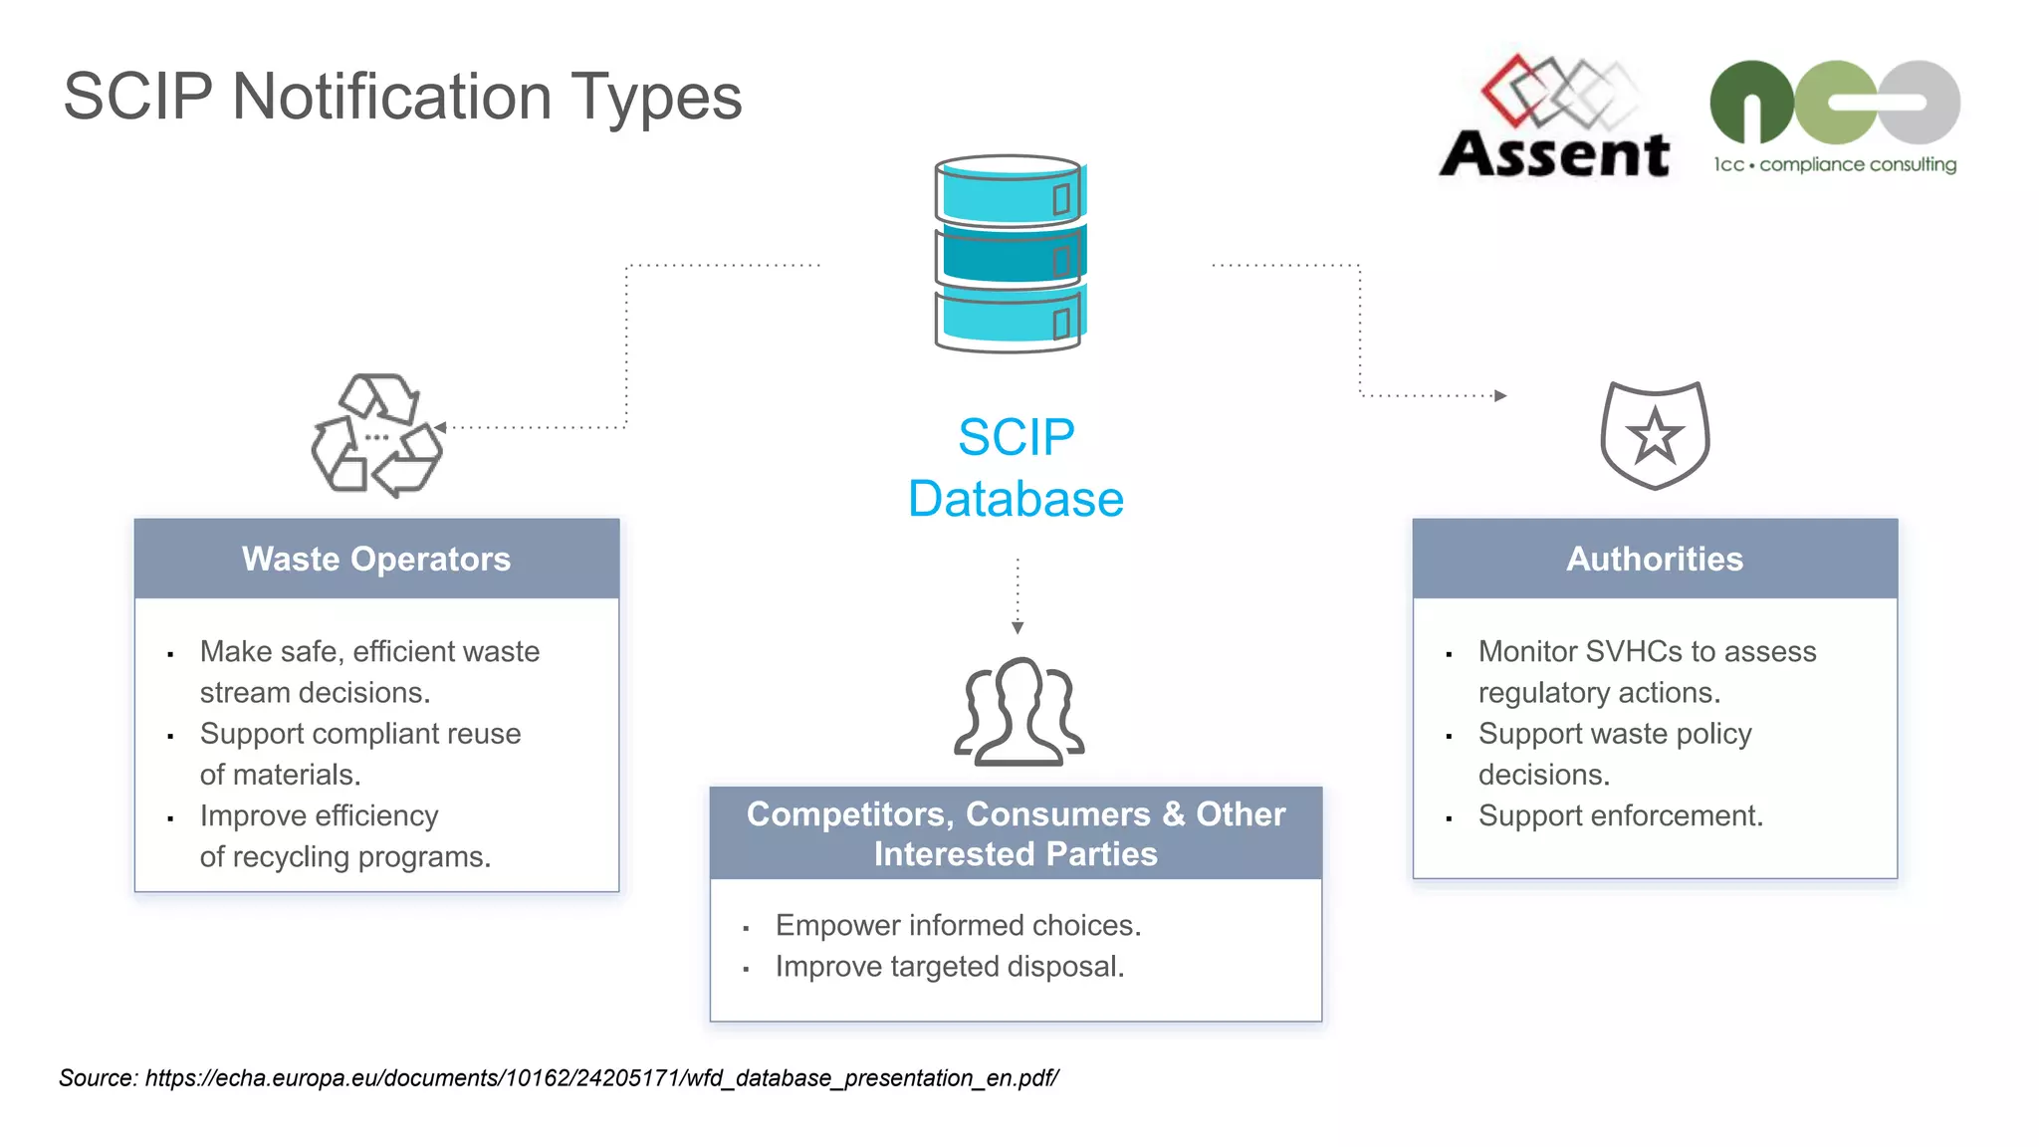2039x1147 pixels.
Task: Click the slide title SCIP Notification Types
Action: pos(402,97)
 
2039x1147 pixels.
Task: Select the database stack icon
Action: pos(1010,254)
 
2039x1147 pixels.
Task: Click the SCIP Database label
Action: pos(1016,468)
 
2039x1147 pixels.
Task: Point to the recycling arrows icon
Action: pos(376,435)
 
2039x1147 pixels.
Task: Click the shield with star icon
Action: pos(1655,435)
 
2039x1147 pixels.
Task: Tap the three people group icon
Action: pos(1019,711)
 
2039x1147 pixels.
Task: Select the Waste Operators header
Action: pos(376,559)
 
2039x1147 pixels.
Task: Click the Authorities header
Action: pos(1655,559)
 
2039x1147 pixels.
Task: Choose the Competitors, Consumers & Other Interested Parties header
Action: pos(1016,833)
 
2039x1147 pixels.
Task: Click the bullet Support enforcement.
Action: pos(1620,815)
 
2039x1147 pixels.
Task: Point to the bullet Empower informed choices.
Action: pos(958,925)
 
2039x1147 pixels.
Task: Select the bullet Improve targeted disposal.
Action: pos(949,966)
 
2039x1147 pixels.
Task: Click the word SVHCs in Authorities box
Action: pos(1634,651)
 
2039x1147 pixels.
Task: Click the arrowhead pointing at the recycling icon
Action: pos(440,427)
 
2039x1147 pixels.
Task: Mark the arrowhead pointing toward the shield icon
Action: pos(1501,395)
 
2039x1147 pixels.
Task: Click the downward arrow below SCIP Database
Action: pos(1017,626)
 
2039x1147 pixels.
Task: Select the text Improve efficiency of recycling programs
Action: pos(343,835)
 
